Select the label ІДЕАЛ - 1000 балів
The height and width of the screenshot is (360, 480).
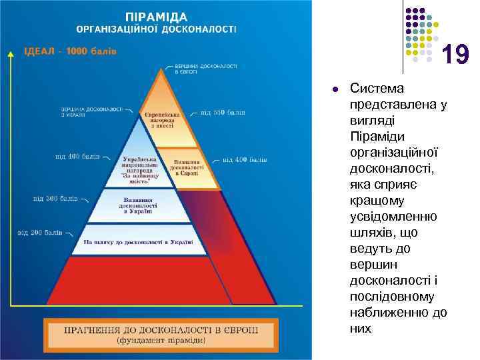click(x=71, y=51)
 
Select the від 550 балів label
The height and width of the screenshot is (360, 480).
click(x=223, y=113)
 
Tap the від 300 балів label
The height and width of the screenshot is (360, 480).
click(x=55, y=199)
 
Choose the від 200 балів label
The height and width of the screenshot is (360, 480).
click(x=40, y=233)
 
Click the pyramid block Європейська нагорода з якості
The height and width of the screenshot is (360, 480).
click(x=161, y=120)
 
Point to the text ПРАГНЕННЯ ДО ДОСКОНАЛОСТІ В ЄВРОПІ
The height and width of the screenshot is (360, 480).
click(x=159, y=330)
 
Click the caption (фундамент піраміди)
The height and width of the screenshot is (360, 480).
click(x=159, y=341)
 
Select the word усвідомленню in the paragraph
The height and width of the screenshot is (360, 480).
click(x=393, y=217)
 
